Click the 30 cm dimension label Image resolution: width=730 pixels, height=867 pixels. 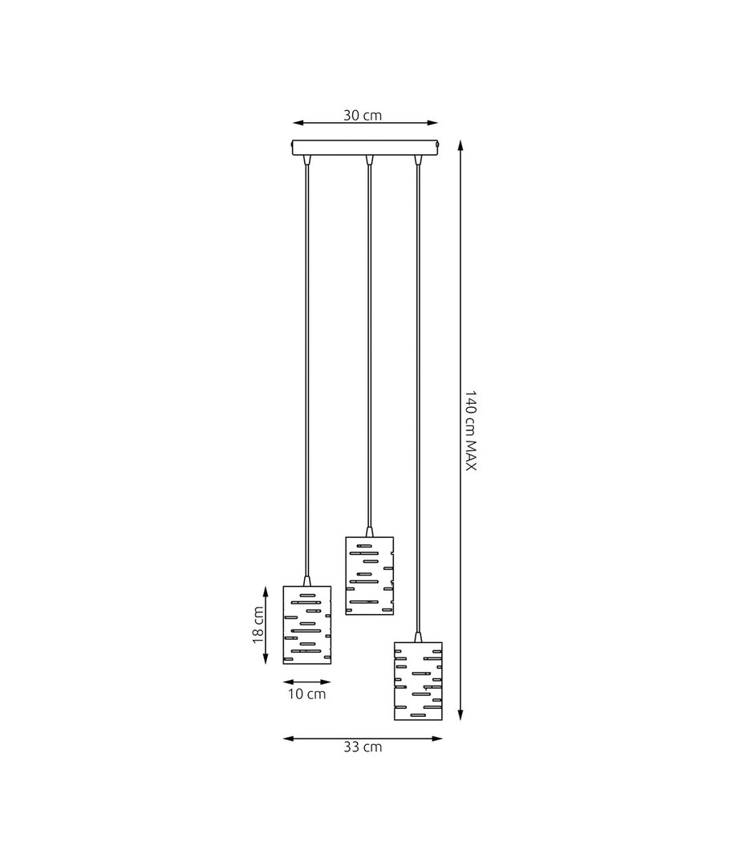pos(363,116)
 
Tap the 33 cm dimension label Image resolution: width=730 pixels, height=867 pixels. pos(363,747)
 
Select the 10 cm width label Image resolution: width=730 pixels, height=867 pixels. pos(306,694)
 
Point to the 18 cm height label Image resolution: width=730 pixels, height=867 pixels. pos(258,625)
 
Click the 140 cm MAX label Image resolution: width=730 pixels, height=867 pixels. pos(470,431)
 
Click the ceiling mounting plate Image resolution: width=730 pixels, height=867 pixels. pos(366,148)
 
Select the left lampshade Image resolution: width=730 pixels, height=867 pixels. pos(306,625)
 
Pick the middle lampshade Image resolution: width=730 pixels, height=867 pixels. pos(370,576)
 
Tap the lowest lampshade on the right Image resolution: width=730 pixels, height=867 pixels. pos(418,682)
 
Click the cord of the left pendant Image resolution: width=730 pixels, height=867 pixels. pos(306,370)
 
